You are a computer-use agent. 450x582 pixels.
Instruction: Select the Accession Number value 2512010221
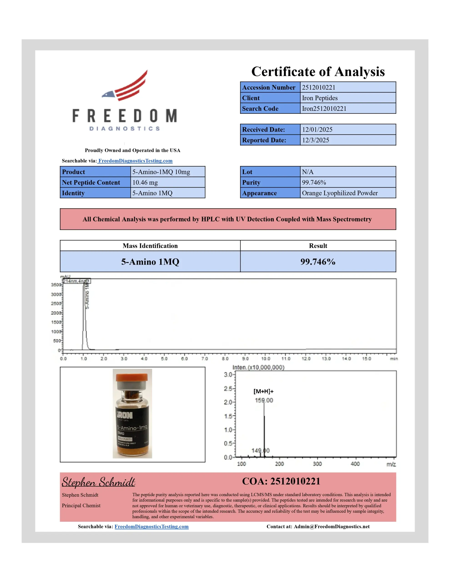(x=319, y=87)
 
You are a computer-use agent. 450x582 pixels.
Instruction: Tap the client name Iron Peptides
(x=320, y=98)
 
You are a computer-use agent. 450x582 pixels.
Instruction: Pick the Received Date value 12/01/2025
(x=317, y=130)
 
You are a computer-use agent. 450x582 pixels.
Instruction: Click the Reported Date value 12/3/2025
(x=315, y=140)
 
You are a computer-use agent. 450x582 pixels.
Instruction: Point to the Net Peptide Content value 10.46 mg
(x=145, y=183)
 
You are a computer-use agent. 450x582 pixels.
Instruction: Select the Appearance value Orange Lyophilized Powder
(x=340, y=193)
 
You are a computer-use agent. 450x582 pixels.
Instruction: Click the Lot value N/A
(x=308, y=172)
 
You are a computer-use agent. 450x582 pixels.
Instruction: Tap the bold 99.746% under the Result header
(x=318, y=262)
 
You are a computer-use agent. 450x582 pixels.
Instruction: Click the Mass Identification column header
(x=150, y=246)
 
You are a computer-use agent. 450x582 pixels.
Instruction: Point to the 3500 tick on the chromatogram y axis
(x=56, y=285)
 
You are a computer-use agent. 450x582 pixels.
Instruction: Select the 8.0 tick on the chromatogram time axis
(x=225, y=359)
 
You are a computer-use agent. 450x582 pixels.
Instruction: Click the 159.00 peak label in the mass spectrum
(x=264, y=400)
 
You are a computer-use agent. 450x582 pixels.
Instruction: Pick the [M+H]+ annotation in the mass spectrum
(x=263, y=391)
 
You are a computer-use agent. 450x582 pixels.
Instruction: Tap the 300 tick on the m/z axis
(x=317, y=464)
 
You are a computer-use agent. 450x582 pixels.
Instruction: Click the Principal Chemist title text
(x=81, y=506)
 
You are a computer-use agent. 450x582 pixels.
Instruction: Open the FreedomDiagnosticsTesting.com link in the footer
(x=152, y=527)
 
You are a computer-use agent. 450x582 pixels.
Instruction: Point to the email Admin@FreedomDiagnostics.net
(x=331, y=527)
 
